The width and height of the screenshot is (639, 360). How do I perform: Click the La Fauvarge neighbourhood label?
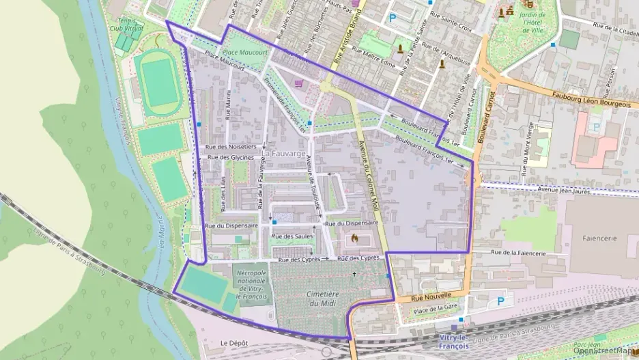pos(282,154)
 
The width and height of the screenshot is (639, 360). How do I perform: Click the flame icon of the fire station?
pos(354,238)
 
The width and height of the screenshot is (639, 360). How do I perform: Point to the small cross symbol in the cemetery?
pos(354,275)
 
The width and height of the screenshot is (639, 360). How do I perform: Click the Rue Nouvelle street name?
pos(431,296)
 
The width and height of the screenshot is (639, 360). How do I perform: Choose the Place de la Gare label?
pos(435,311)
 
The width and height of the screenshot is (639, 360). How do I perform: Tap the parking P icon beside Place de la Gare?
pos(502,301)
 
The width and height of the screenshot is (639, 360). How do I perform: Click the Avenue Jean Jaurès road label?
pos(563,189)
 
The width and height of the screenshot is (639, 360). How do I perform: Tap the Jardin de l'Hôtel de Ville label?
pos(532,21)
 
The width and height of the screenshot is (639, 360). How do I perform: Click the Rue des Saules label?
pos(292,236)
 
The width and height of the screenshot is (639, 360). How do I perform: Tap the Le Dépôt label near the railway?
pos(233,342)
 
